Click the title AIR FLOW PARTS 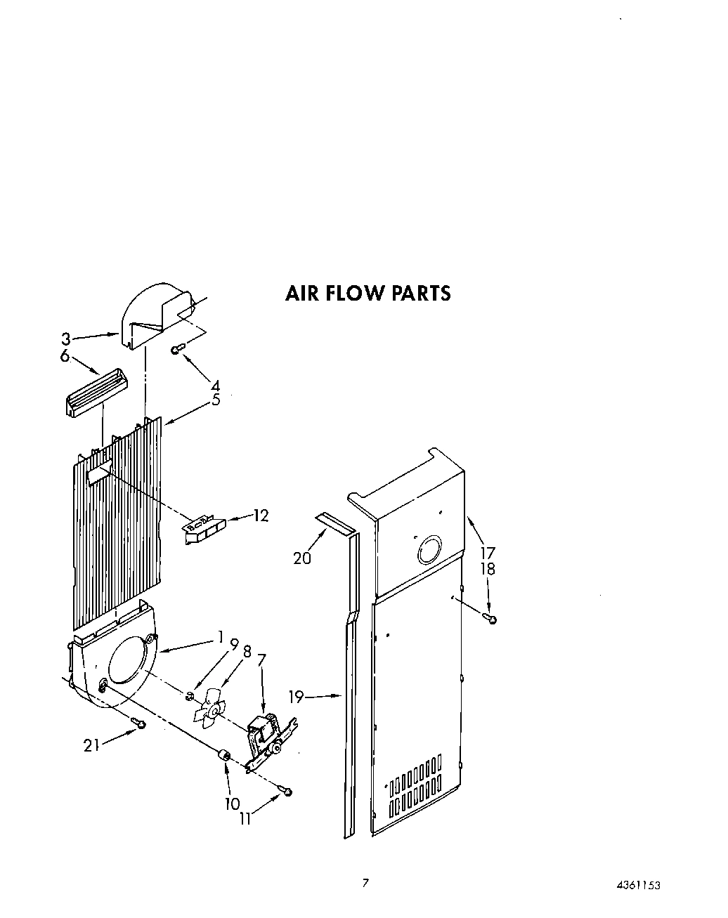coord(368,293)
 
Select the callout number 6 coord(65,357)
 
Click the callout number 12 coord(261,516)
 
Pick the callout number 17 coord(488,553)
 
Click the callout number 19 coord(296,697)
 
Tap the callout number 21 coord(92,746)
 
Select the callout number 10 coord(233,804)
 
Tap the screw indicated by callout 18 coord(491,619)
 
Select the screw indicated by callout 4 coord(178,348)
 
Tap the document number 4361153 coord(639,885)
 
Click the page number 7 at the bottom coord(365,883)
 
